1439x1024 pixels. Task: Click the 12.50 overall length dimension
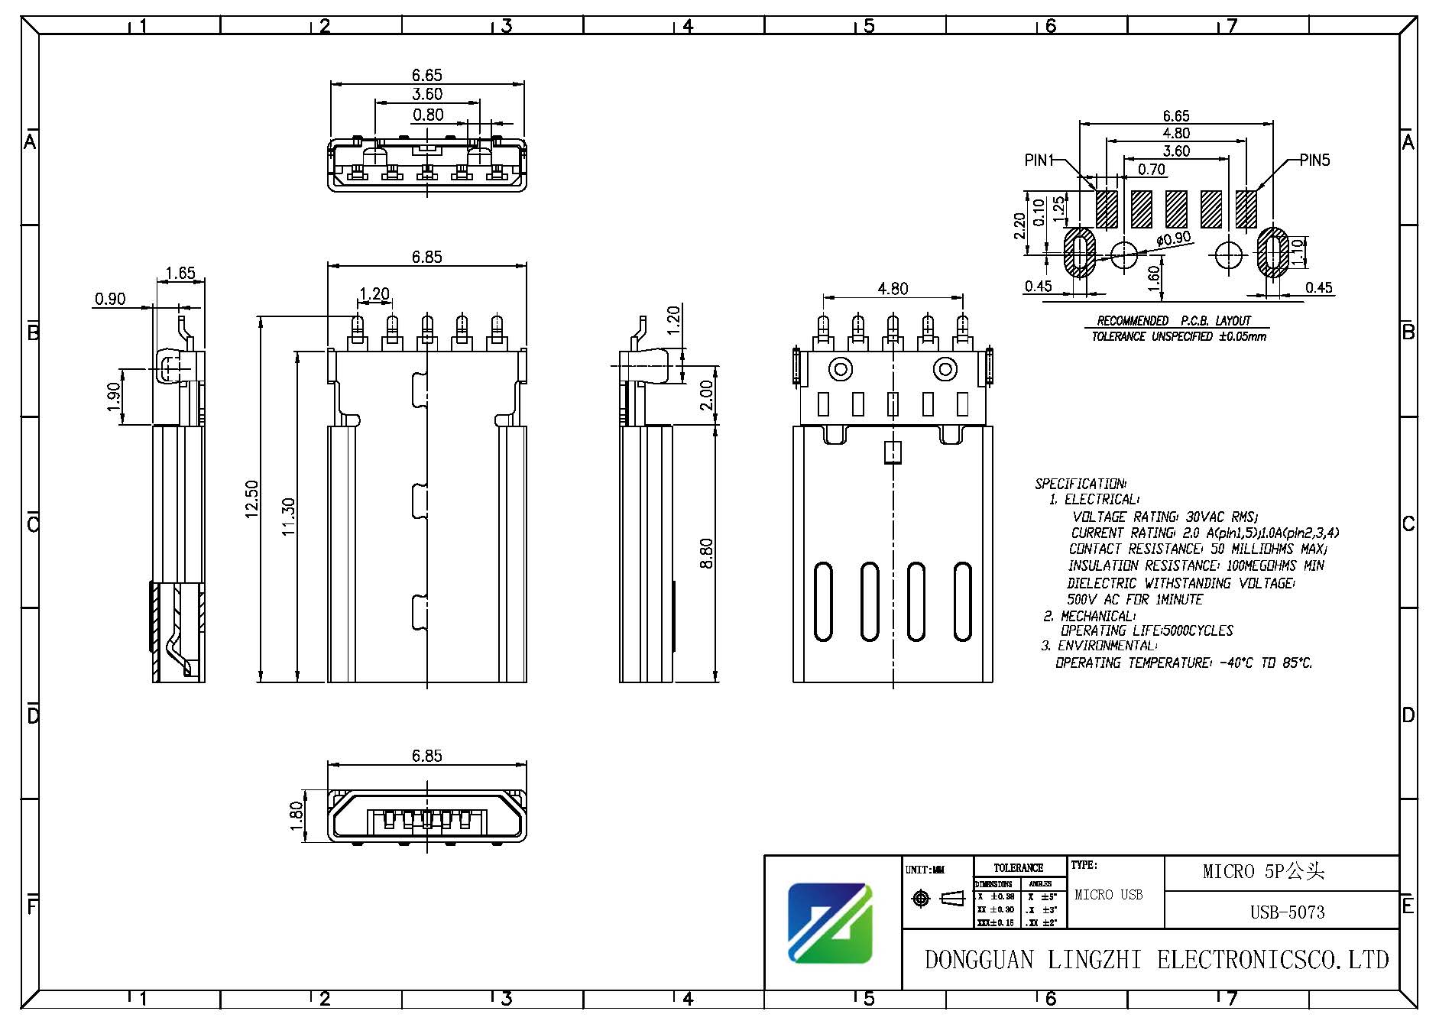pos(252,499)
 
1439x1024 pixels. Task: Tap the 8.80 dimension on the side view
pos(706,553)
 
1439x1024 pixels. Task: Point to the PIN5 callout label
pos(1314,160)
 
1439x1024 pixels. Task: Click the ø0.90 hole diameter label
pos(1174,239)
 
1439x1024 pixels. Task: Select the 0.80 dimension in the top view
pos(428,115)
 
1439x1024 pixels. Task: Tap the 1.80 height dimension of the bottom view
pos(297,815)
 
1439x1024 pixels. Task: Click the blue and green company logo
pos(830,923)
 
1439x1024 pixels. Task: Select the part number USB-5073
pos(1287,912)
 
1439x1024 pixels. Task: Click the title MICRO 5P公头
pos(1262,871)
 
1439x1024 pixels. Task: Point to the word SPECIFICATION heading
pos(1079,484)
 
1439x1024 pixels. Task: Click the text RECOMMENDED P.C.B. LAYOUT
pos(1174,321)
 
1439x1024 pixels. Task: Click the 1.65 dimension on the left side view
pos(180,273)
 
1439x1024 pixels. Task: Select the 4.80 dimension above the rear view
pos(893,289)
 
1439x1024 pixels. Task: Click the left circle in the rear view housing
pos(841,370)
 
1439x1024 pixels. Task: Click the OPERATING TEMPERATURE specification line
pos(1183,663)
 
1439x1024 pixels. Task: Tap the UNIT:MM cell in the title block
pos(925,870)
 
